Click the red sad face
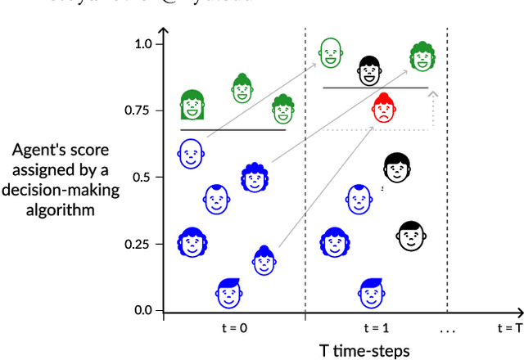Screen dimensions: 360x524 pyautogui.click(x=382, y=108)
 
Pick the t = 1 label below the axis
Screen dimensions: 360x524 pyautogui.click(x=376, y=328)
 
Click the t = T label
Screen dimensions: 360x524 pyautogui.click(x=509, y=328)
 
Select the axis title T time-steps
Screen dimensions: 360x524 pyautogui.click(x=364, y=350)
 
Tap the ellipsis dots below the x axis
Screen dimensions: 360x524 pyautogui.click(x=446, y=331)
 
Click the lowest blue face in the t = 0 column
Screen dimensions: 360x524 pyautogui.click(x=230, y=292)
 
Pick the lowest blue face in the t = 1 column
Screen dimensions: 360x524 pyautogui.click(x=372, y=292)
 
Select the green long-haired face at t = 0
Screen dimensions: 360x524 pyautogui.click(x=192, y=105)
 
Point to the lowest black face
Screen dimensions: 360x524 pyautogui.click(x=410, y=235)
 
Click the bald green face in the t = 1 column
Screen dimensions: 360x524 pyautogui.click(x=330, y=52)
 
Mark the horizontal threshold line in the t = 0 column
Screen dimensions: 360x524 pyautogui.click(x=233, y=129)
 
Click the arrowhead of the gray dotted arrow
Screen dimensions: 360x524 pyautogui.click(x=432, y=94)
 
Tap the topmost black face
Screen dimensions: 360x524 pyautogui.click(x=369, y=70)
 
